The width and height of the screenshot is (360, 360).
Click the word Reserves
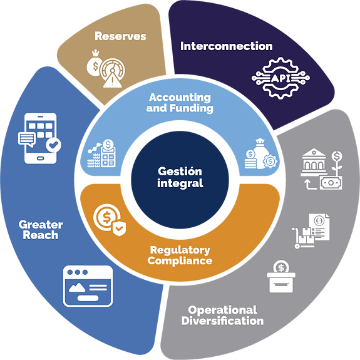(120, 36)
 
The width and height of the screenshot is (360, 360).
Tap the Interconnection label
(227, 46)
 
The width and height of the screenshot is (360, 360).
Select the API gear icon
(280, 78)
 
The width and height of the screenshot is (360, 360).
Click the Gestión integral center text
(180, 177)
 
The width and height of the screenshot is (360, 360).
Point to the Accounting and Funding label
(180, 103)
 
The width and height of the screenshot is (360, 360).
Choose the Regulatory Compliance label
(180, 255)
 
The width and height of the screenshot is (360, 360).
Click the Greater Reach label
(41, 230)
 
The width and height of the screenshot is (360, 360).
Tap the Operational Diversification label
(222, 316)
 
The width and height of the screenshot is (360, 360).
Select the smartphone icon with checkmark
(39, 138)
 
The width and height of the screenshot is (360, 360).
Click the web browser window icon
(88, 286)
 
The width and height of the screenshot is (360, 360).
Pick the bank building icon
(314, 162)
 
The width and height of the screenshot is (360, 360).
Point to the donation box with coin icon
(281, 277)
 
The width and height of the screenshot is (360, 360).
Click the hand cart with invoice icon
(311, 231)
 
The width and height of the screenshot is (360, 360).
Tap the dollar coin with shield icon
(110, 220)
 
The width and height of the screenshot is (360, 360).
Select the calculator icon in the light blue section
(108, 153)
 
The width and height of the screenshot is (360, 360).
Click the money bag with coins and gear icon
(261, 153)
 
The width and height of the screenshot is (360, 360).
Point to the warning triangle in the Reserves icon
(112, 80)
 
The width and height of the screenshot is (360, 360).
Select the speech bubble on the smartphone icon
(27, 139)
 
